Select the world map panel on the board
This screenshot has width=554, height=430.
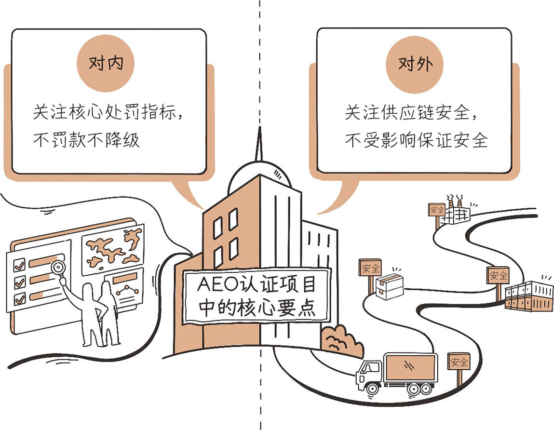coord(113,249)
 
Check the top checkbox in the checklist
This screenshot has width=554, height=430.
coord(20,264)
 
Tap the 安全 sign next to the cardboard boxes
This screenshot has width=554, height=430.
coord(370,268)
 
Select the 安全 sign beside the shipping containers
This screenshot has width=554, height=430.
coord(498,275)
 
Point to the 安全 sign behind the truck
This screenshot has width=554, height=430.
coord(458,361)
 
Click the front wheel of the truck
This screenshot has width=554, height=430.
coord(372,387)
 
